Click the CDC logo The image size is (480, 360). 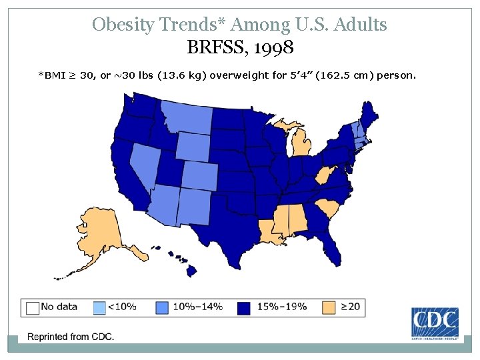tap(435, 324)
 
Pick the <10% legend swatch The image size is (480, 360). tap(99, 307)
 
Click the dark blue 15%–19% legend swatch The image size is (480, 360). tap(244, 307)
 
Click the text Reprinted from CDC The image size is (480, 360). tap(70, 337)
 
